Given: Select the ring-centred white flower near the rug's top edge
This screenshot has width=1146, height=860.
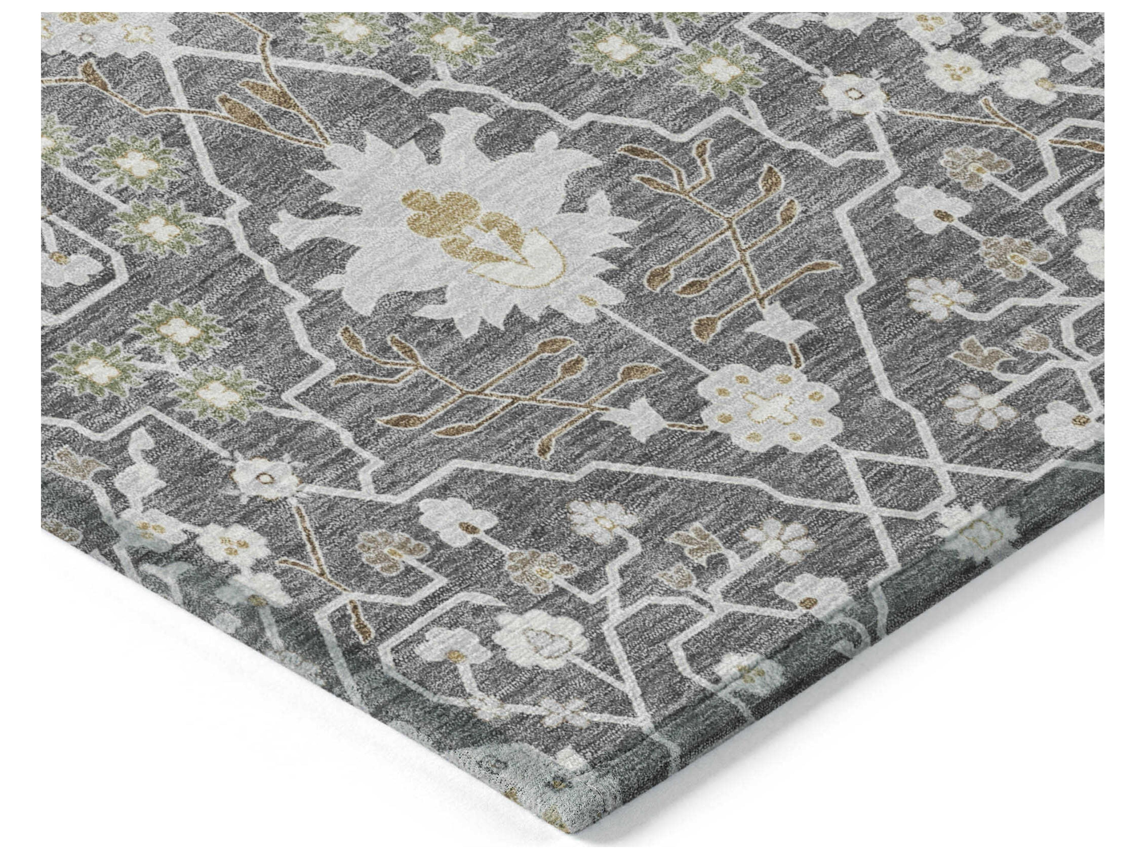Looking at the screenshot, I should click(x=850, y=93).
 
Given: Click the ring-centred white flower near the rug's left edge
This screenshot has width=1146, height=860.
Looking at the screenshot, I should click(x=265, y=477).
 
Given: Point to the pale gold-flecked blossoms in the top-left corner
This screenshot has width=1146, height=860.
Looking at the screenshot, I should click(x=104, y=26).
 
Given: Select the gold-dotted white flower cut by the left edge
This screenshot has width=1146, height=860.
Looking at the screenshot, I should click(x=67, y=264).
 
